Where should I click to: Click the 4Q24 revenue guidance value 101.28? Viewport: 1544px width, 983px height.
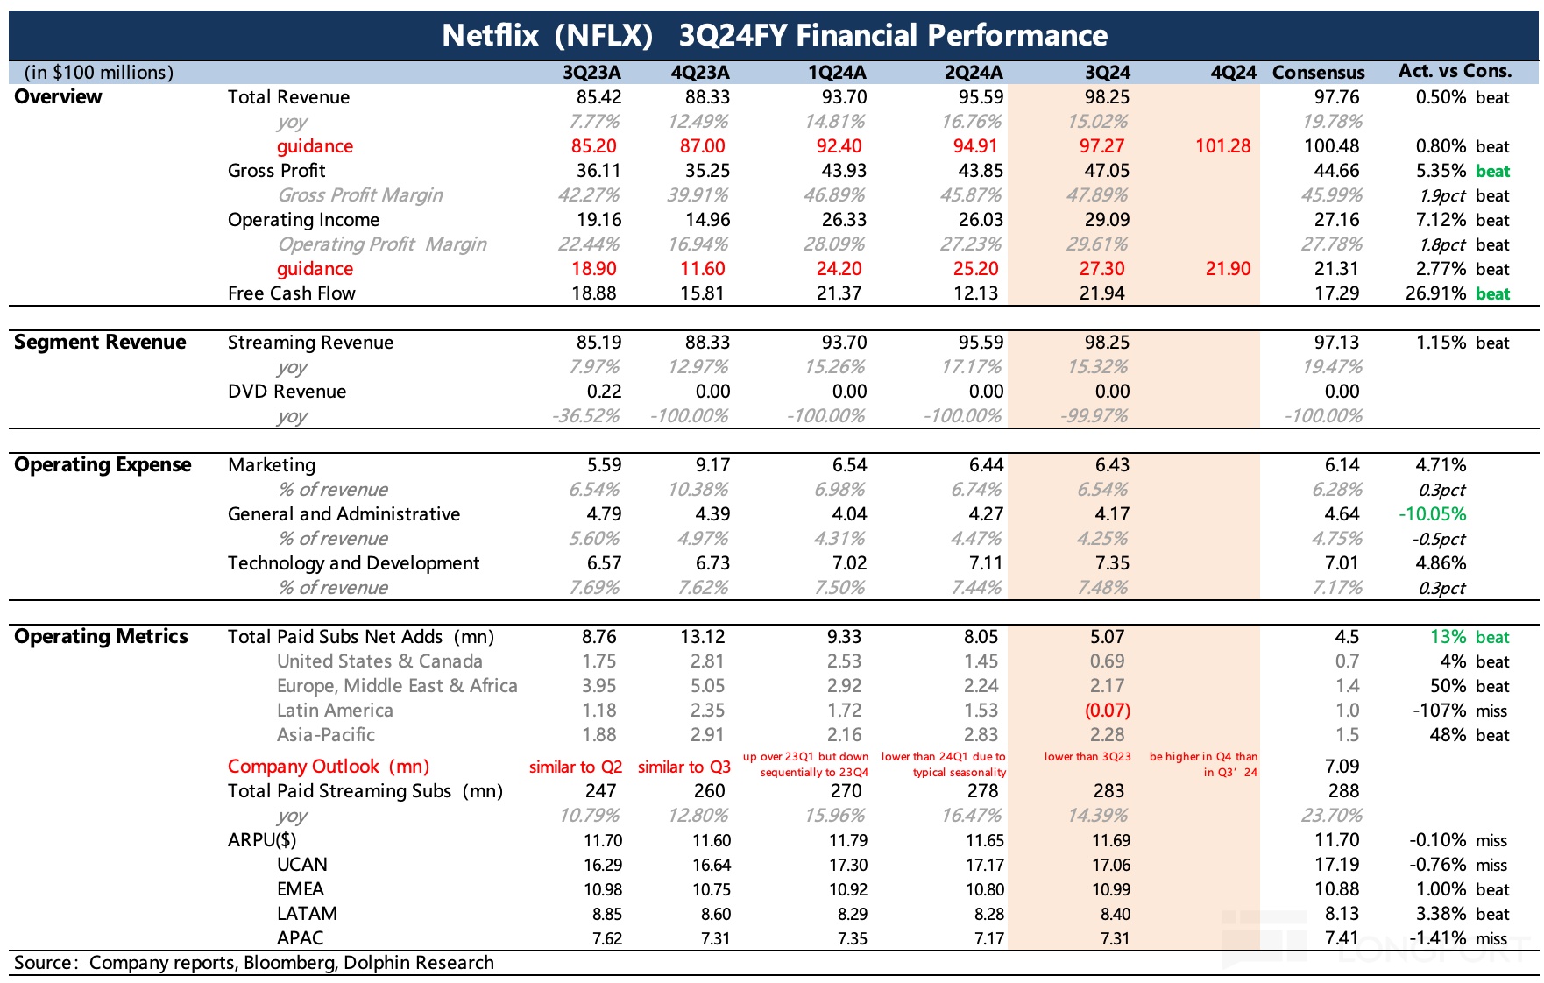[x=1222, y=146]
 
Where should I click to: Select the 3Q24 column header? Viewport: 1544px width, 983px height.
[x=1107, y=73]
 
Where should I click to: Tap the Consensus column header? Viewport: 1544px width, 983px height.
[x=1318, y=73]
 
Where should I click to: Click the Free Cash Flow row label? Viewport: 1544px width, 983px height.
[x=291, y=293]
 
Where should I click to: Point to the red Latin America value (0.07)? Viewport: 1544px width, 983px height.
[x=1107, y=711]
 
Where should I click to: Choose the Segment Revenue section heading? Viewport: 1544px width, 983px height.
[x=100, y=343]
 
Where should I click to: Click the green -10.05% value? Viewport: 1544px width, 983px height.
[x=1432, y=514]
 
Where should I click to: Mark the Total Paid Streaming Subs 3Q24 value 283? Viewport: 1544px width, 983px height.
[x=1108, y=791]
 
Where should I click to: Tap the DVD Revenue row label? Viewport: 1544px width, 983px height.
[x=287, y=392]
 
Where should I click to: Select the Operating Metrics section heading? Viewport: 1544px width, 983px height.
[x=101, y=637]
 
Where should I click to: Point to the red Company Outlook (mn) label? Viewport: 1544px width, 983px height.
[x=328, y=767]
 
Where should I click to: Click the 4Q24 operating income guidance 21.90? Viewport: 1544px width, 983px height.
[x=1228, y=269]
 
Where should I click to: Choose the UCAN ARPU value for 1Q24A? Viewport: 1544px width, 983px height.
[x=847, y=865]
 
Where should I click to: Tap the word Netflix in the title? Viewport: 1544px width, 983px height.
[x=490, y=35]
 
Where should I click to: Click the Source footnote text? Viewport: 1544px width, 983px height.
[x=253, y=963]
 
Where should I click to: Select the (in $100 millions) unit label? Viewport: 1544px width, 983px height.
[x=99, y=73]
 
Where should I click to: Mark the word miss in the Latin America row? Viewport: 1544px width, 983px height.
[x=1491, y=711]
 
